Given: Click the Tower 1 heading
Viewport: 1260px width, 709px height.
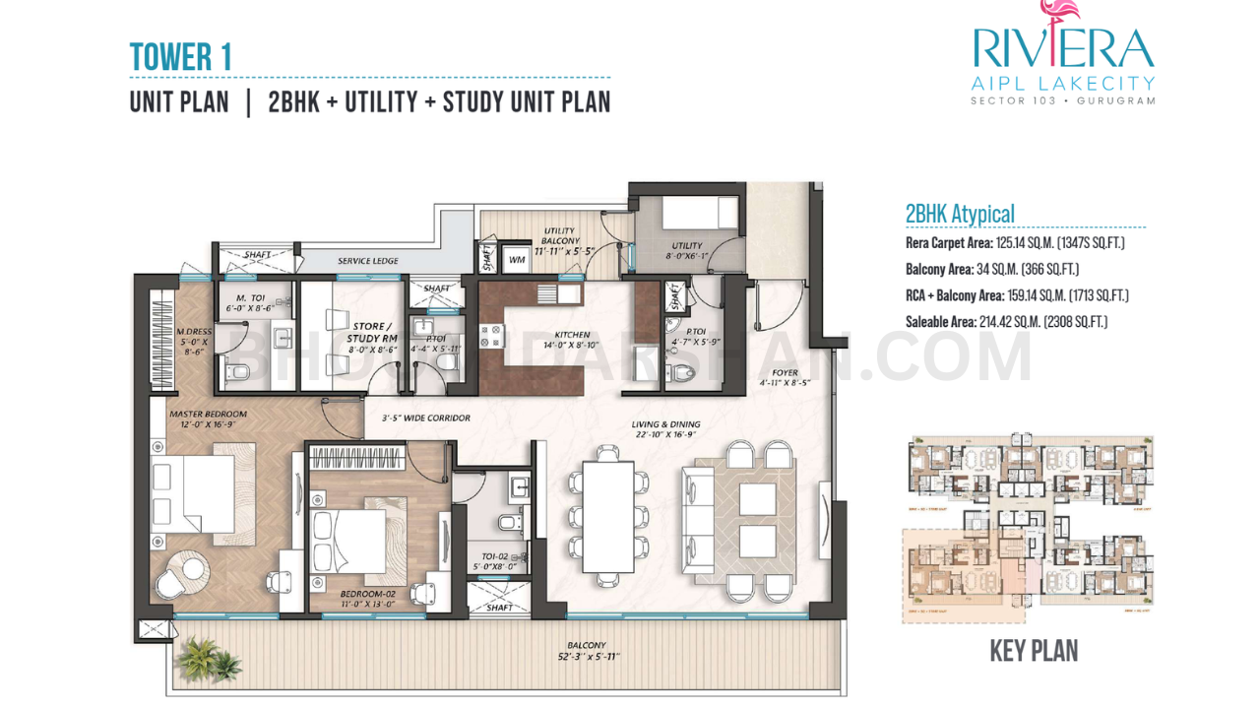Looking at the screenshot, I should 181,57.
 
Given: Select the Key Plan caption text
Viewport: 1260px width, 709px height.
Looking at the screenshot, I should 1033,651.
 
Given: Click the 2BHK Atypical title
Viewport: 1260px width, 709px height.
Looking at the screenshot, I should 959,214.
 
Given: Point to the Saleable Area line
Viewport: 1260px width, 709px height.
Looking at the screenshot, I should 1006,321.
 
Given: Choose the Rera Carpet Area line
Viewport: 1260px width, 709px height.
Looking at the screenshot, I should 1014,242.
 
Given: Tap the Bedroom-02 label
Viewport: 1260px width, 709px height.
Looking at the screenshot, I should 368,595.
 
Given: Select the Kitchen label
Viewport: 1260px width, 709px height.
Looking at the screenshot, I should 572,334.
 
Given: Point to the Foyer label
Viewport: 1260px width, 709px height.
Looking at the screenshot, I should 785,373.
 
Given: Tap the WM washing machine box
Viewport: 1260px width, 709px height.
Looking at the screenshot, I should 517,260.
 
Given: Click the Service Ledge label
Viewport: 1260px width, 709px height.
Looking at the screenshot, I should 367,261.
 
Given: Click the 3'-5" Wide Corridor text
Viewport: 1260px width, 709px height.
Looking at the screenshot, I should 425,419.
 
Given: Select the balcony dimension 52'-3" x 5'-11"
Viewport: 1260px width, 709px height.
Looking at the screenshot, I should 587,657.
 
